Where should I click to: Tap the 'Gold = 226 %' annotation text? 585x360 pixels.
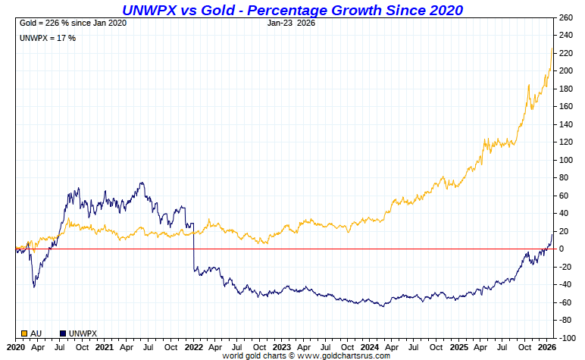pos(73,23)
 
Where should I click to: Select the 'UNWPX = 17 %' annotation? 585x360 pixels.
pos(48,38)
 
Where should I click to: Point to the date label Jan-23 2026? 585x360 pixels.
pos(292,23)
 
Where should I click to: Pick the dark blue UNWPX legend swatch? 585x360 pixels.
pos(63,333)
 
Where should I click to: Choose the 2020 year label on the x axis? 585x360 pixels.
pos(16,347)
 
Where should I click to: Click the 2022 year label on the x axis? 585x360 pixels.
pos(194,347)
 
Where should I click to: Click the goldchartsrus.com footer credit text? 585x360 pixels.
pos(306,355)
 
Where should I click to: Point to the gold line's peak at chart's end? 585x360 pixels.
pos(552,49)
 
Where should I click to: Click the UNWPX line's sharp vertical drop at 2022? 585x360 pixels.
pos(194,246)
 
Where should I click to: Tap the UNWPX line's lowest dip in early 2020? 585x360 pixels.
pos(33,286)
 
